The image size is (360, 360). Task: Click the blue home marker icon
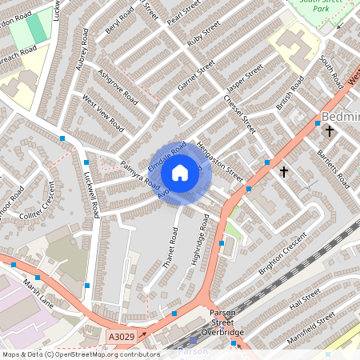[180, 173]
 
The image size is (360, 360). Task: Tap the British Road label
[290, 93]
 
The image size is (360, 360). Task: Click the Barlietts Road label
[332, 167]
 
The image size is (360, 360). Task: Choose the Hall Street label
[306, 302]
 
